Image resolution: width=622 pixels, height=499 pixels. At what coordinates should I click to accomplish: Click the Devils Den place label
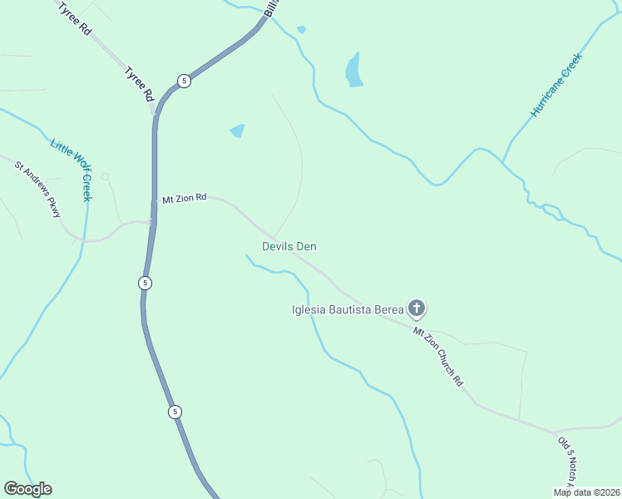[289, 246]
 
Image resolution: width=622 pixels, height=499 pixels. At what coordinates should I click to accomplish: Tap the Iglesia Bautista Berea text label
[348, 310]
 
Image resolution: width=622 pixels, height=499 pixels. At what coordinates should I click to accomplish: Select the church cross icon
[417, 310]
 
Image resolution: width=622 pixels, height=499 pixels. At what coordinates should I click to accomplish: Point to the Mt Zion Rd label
[184, 199]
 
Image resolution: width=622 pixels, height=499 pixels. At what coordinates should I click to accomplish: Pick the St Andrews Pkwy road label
[38, 189]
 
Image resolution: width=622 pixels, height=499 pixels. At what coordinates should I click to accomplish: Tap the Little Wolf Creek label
[72, 170]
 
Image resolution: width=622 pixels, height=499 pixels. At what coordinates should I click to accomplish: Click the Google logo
[27, 489]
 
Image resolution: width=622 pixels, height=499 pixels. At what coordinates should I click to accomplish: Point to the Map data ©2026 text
[586, 492]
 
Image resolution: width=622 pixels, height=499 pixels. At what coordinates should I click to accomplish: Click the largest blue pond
[354, 71]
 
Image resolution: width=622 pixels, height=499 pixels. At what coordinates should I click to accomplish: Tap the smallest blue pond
[301, 29]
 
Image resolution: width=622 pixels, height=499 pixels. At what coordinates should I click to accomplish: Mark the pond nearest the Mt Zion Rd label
[238, 131]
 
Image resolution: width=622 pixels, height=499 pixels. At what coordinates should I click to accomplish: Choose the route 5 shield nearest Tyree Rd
[184, 81]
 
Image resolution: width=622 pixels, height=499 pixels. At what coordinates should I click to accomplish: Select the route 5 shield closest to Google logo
[174, 412]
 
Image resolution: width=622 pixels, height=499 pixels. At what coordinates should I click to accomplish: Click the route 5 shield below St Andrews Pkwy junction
[146, 283]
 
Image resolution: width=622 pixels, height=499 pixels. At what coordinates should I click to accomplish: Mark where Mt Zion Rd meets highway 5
[154, 200]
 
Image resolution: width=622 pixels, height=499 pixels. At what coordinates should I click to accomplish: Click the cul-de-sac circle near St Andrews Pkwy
[105, 176]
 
